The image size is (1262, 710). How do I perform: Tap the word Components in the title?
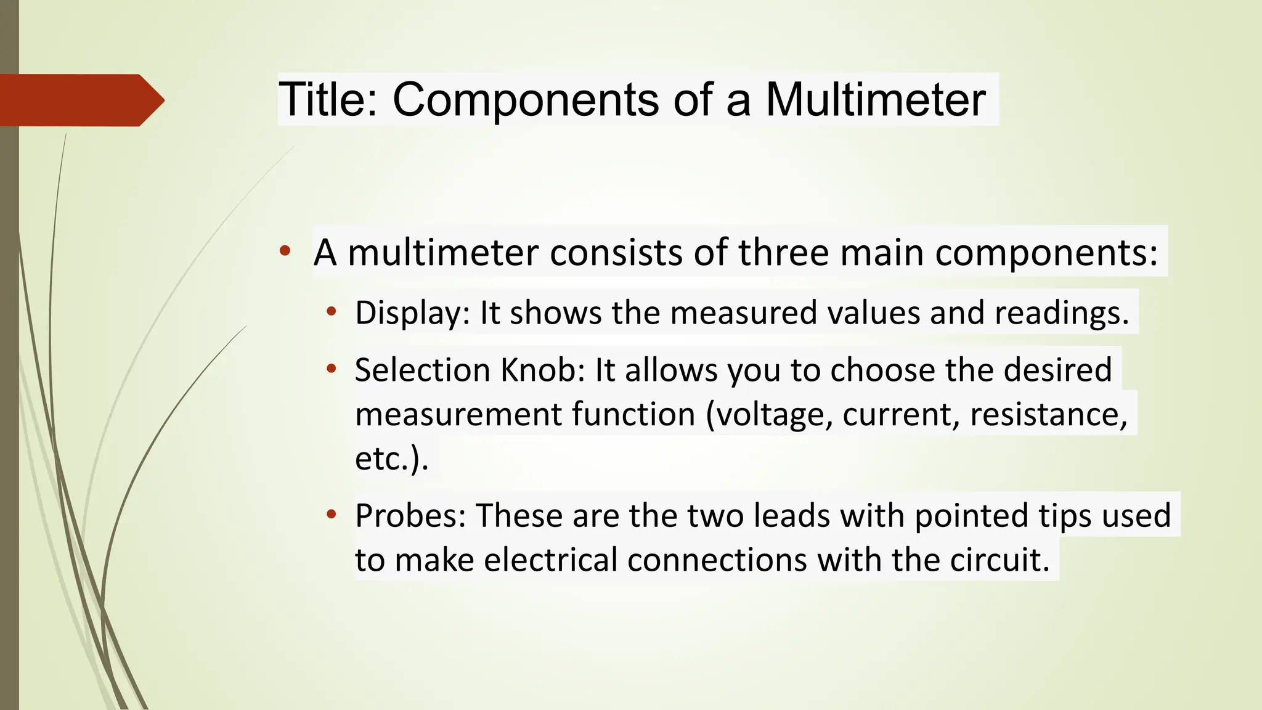click(x=526, y=100)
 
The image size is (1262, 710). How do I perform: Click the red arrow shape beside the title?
click(x=80, y=100)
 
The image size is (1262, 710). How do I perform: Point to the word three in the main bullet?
click(x=783, y=252)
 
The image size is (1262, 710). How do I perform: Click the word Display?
click(x=412, y=313)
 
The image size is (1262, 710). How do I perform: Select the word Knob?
click(x=542, y=370)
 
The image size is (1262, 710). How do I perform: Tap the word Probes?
click(x=410, y=515)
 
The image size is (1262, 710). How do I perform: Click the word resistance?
click(x=1048, y=414)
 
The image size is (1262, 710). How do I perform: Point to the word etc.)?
click(x=391, y=459)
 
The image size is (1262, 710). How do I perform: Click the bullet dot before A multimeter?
click(x=284, y=251)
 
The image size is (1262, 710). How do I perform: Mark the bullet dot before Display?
click(x=332, y=311)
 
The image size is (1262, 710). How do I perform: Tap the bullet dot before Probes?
click(x=332, y=514)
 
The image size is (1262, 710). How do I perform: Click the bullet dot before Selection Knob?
click(x=332, y=369)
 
